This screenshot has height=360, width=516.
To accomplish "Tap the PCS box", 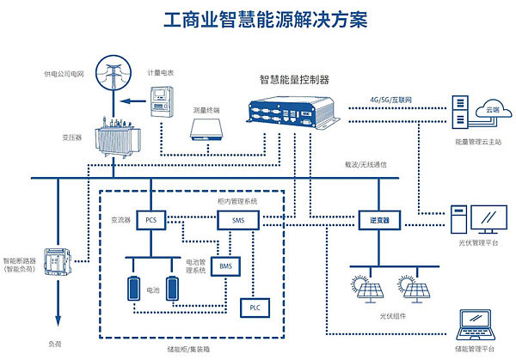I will (x=150, y=221).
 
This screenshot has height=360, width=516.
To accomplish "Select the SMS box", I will (x=238, y=221).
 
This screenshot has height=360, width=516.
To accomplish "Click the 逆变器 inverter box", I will (x=374, y=221).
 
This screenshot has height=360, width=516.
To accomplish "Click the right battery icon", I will (x=174, y=288).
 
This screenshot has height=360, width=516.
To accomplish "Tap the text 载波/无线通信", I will (x=358, y=162).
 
